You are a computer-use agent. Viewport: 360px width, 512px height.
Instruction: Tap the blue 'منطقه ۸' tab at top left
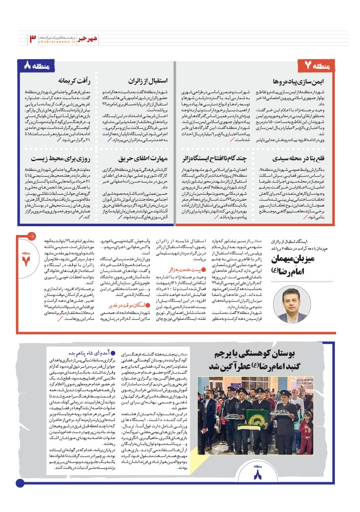pos(39,66)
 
